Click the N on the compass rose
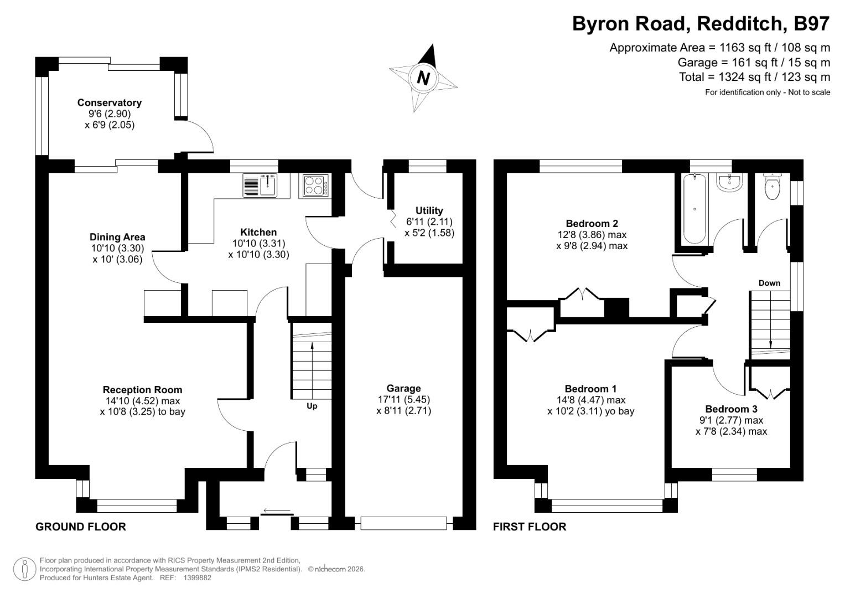pyautogui.click(x=423, y=78)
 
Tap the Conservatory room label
pyautogui.click(x=110, y=102)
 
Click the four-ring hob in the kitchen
pyautogui.click(x=314, y=185)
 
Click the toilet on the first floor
pyautogui.click(x=772, y=187)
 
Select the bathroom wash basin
pyautogui.click(x=729, y=182)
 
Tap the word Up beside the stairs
pyautogui.click(x=312, y=406)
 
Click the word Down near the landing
pyautogui.click(x=769, y=283)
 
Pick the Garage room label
pyautogui.click(x=403, y=389)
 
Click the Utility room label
pyautogui.click(x=429, y=210)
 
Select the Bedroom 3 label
pyautogui.click(x=731, y=409)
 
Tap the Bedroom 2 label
pyautogui.click(x=592, y=224)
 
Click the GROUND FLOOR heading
pyautogui.click(x=81, y=527)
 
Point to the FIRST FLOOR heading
pyautogui.click(x=530, y=527)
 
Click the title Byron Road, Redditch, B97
pyautogui.click(x=701, y=24)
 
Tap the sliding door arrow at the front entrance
pyautogui.click(x=277, y=511)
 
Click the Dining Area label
pyautogui.click(x=117, y=237)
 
